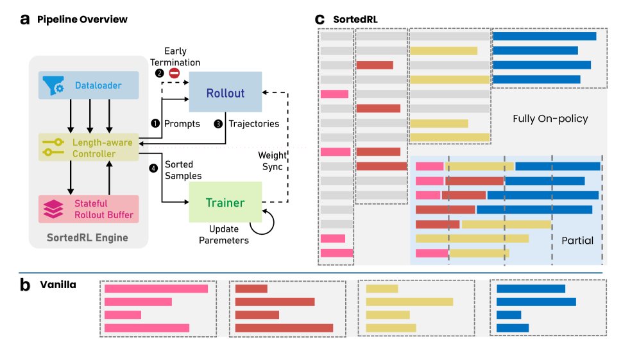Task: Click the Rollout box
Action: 225,93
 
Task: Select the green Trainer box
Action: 225,202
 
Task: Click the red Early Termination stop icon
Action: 173,74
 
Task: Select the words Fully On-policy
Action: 550,119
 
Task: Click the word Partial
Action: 577,241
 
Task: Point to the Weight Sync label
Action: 272,161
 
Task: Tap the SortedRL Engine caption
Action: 87,238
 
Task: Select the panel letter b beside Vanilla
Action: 25,285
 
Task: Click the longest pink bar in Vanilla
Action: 156,289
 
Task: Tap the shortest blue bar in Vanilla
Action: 509,315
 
